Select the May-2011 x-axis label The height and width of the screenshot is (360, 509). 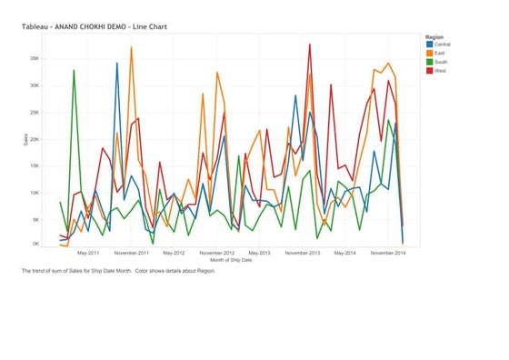88,254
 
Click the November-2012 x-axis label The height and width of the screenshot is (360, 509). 216,254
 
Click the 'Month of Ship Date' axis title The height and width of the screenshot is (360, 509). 231,261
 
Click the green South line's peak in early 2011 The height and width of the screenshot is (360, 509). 74,70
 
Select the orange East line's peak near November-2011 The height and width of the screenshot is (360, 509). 132,47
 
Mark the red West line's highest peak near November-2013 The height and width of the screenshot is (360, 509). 310,44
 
